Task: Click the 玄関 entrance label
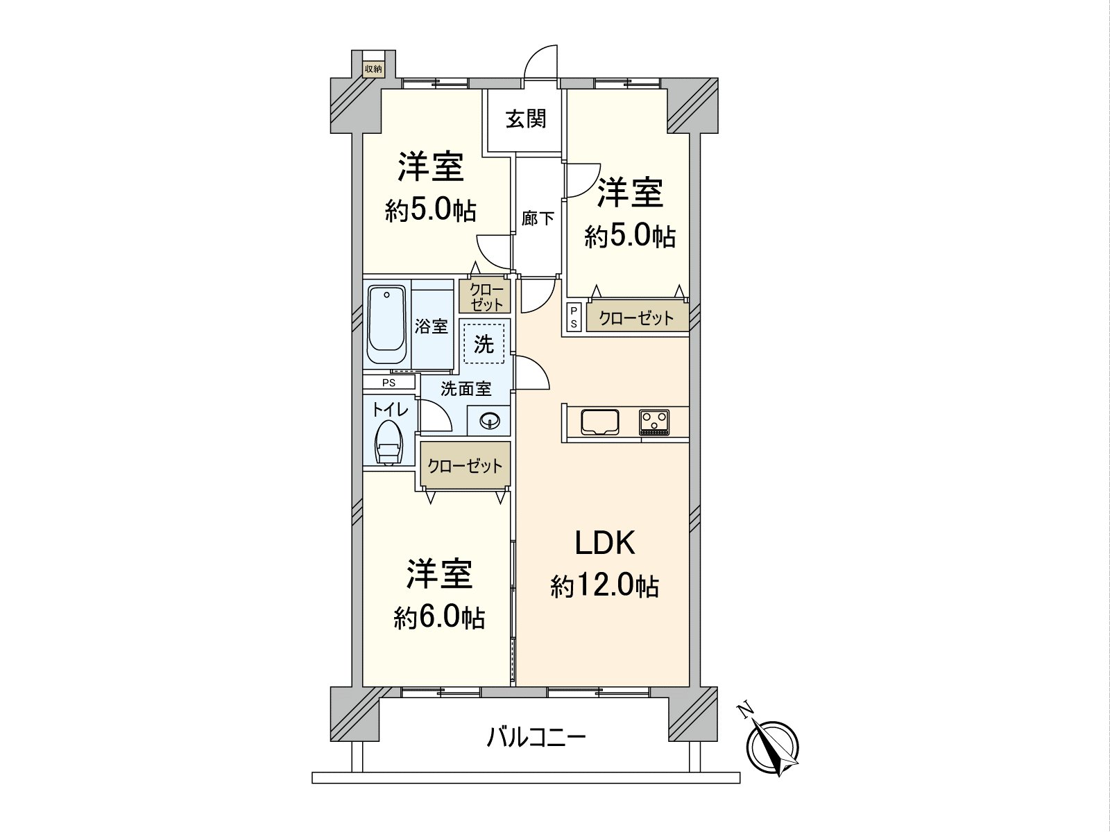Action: tap(526, 119)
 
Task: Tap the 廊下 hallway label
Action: tap(538, 219)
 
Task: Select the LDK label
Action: tap(605, 543)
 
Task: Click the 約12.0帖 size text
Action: tap(605, 587)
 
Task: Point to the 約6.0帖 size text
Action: tap(440, 616)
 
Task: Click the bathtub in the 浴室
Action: tap(387, 325)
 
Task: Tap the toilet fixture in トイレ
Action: tap(388, 442)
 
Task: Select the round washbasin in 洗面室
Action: tap(490, 420)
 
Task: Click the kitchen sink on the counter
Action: tap(600, 422)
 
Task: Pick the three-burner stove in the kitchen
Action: tap(654, 422)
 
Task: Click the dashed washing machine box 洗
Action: tap(484, 343)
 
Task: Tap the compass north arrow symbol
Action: tap(771, 745)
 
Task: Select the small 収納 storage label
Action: tap(373, 69)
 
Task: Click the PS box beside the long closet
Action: tap(574, 318)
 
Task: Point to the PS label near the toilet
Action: tap(388, 382)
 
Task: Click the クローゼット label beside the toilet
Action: tap(465, 465)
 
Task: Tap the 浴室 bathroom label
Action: tap(432, 326)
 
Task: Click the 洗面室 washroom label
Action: tap(466, 389)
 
